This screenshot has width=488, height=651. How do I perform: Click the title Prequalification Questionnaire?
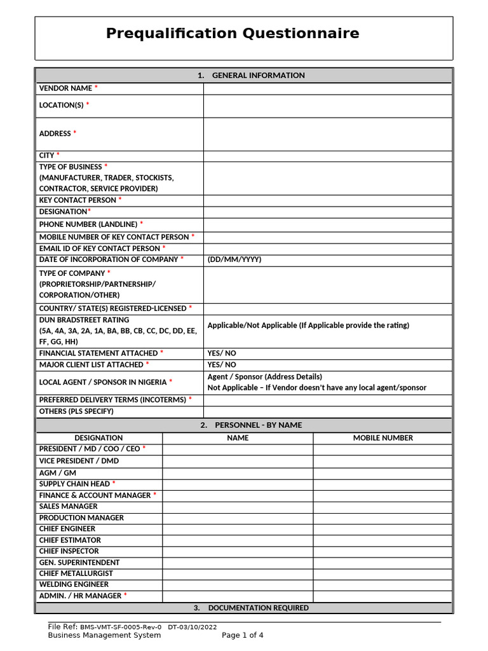pyautogui.click(x=233, y=34)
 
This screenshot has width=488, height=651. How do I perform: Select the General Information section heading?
pyautogui.click(x=251, y=76)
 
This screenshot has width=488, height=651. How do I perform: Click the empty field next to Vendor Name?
pyautogui.click(x=327, y=88)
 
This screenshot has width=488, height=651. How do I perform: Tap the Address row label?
pyautogui.click(x=55, y=134)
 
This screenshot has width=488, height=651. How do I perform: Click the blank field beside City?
pyautogui.click(x=327, y=156)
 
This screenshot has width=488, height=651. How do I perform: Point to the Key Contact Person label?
pyautogui.click(x=78, y=200)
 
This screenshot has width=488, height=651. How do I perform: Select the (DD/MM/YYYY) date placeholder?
pyautogui.click(x=234, y=259)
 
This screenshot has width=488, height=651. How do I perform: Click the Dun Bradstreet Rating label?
pyautogui.click(x=84, y=320)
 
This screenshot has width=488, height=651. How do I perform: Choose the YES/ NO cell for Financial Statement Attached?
pyautogui.click(x=222, y=353)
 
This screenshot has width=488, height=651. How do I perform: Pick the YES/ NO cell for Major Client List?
pyautogui.click(x=222, y=365)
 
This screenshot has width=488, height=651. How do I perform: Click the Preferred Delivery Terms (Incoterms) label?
pyautogui.click(x=113, y=400)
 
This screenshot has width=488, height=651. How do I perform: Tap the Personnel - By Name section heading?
pyautogui.click(x=251, y=425)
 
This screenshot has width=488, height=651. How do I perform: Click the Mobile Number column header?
pyautogui.click(x=383, y=438)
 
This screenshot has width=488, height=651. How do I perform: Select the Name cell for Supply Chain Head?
pyautogui.click(x=238, y=484)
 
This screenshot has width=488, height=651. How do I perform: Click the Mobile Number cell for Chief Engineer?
pyautogui.click(x=383, y=529)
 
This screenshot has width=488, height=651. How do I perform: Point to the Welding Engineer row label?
pyautogui.click(x=74, y=584)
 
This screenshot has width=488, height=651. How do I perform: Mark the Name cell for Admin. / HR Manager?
pyautogui.click(x=238, y=596)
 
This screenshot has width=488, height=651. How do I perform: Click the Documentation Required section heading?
pyautogui.click(x=251, y=608)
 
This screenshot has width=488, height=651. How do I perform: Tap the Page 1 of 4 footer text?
pyautogui.click(x=242, y=635)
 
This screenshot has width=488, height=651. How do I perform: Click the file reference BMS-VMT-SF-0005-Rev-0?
pyautogui.click(x=121, y=627)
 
